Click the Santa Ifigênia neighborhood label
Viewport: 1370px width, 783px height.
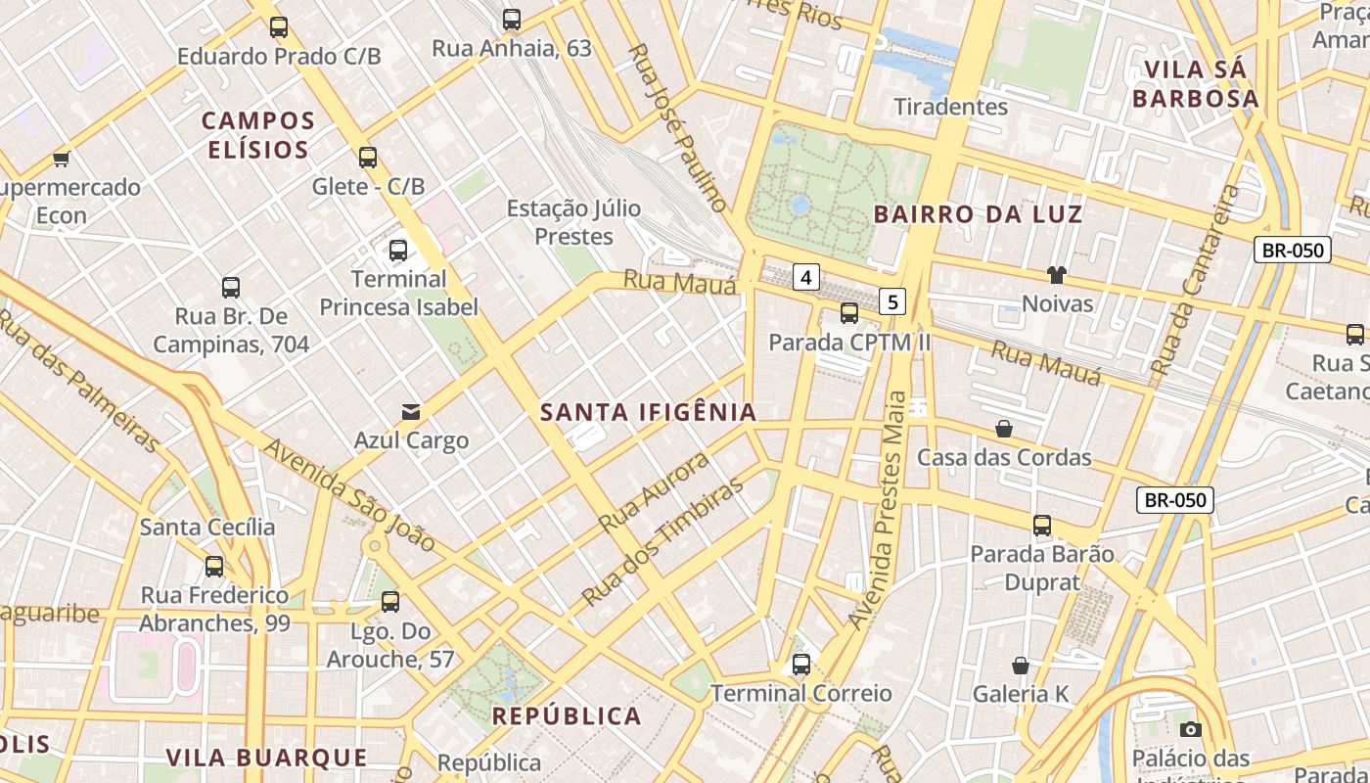point(649,412)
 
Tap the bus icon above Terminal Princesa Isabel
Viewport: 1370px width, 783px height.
point(398,250)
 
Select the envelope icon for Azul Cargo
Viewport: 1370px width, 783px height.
point(411,412)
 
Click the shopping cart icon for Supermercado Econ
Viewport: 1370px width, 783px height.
point(62,159)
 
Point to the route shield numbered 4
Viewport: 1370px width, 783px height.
point(805,278)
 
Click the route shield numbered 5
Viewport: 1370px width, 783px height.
point(891,301)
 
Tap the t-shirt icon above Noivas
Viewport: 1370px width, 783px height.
point(1056,275)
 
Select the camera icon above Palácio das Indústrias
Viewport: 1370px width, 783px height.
point(1191,729)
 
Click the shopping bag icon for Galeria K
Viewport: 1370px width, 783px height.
point(1021,666)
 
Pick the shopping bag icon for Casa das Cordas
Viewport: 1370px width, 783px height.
point(1004,429)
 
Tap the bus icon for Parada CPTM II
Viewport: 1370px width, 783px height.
point(849,313)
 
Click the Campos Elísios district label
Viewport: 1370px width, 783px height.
point(258,135)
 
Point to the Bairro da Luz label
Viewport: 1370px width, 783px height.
point(978,214)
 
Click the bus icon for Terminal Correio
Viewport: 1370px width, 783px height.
point(801,665)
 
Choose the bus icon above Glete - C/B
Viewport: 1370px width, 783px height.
point(368,157)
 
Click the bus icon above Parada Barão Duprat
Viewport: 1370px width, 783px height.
point(1042,526)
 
